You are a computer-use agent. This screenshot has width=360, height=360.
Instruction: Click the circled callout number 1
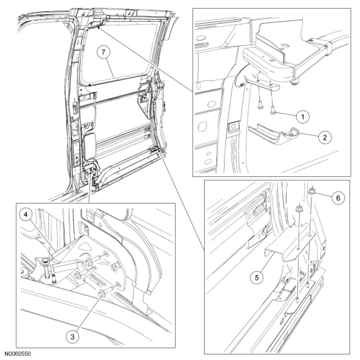[302, 117]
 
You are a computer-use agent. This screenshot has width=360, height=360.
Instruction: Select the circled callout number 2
[325, 137]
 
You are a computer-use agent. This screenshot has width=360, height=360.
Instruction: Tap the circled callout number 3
[72, 337]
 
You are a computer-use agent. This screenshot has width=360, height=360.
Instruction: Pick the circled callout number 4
[26, 214]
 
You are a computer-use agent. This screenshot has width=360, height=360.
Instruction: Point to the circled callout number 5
[257, 278]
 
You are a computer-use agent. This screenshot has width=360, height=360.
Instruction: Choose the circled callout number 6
[338, 197]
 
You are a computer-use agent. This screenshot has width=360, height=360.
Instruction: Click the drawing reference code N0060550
[17, 353]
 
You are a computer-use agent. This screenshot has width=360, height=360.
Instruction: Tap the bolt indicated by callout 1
[273, 111]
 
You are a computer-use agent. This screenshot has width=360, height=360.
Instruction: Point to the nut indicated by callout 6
[312, 191]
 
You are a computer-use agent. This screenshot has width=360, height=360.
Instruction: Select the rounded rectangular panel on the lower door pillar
[90, 146]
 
